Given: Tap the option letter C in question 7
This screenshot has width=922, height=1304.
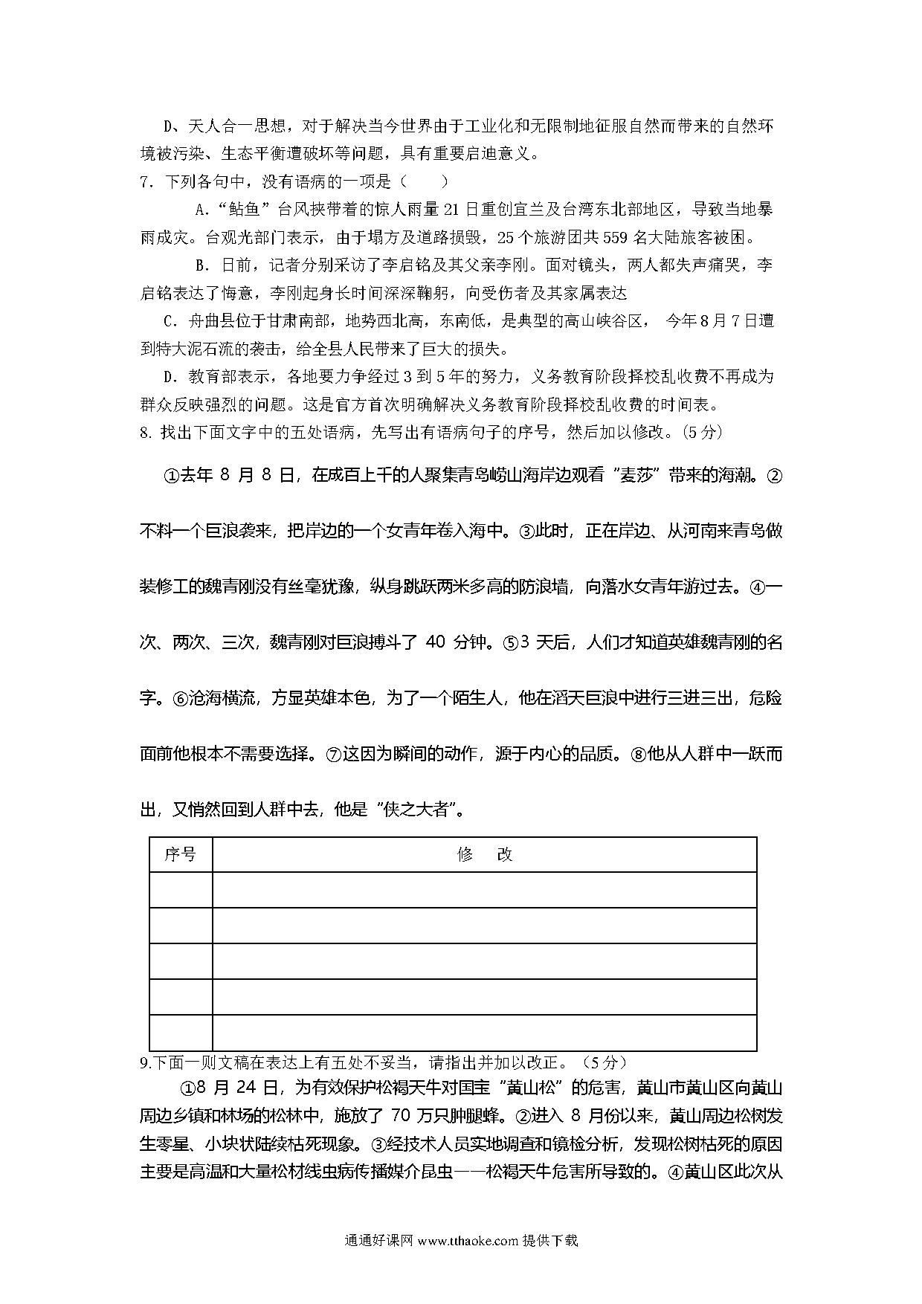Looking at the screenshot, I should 167,321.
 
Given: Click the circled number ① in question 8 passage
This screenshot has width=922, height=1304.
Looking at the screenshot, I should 170,476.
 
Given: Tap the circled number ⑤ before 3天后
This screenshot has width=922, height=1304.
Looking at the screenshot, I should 510,643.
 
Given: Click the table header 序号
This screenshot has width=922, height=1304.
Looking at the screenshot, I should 181,855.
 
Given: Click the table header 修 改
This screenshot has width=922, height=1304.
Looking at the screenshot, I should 484,855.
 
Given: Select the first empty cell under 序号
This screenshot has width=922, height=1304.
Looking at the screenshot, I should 181,890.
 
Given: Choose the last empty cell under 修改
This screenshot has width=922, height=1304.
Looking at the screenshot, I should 484,1033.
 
